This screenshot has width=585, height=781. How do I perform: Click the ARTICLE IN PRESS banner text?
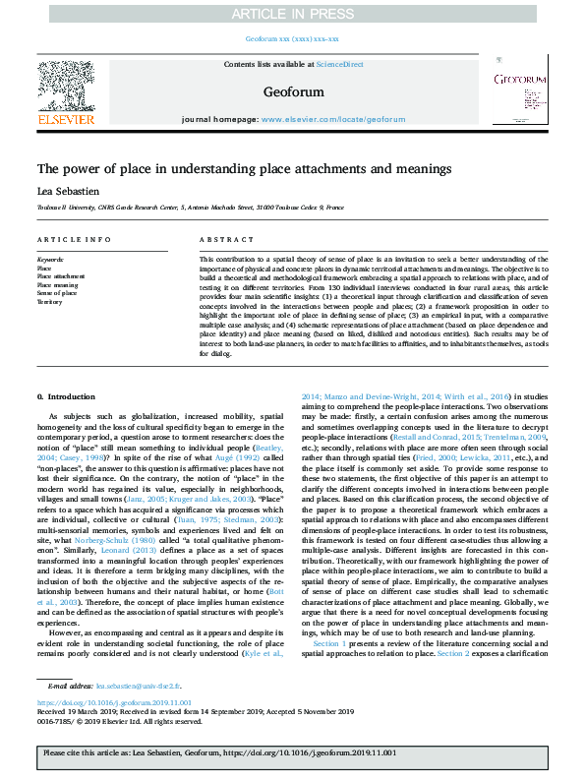pos(291,14)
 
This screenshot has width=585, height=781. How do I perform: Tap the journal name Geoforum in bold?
pos(292,91)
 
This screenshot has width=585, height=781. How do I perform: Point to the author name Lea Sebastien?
pos(68,191)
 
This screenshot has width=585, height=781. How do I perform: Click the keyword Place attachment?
pos(60,276)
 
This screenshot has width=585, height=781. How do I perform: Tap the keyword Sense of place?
pos(57,294)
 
